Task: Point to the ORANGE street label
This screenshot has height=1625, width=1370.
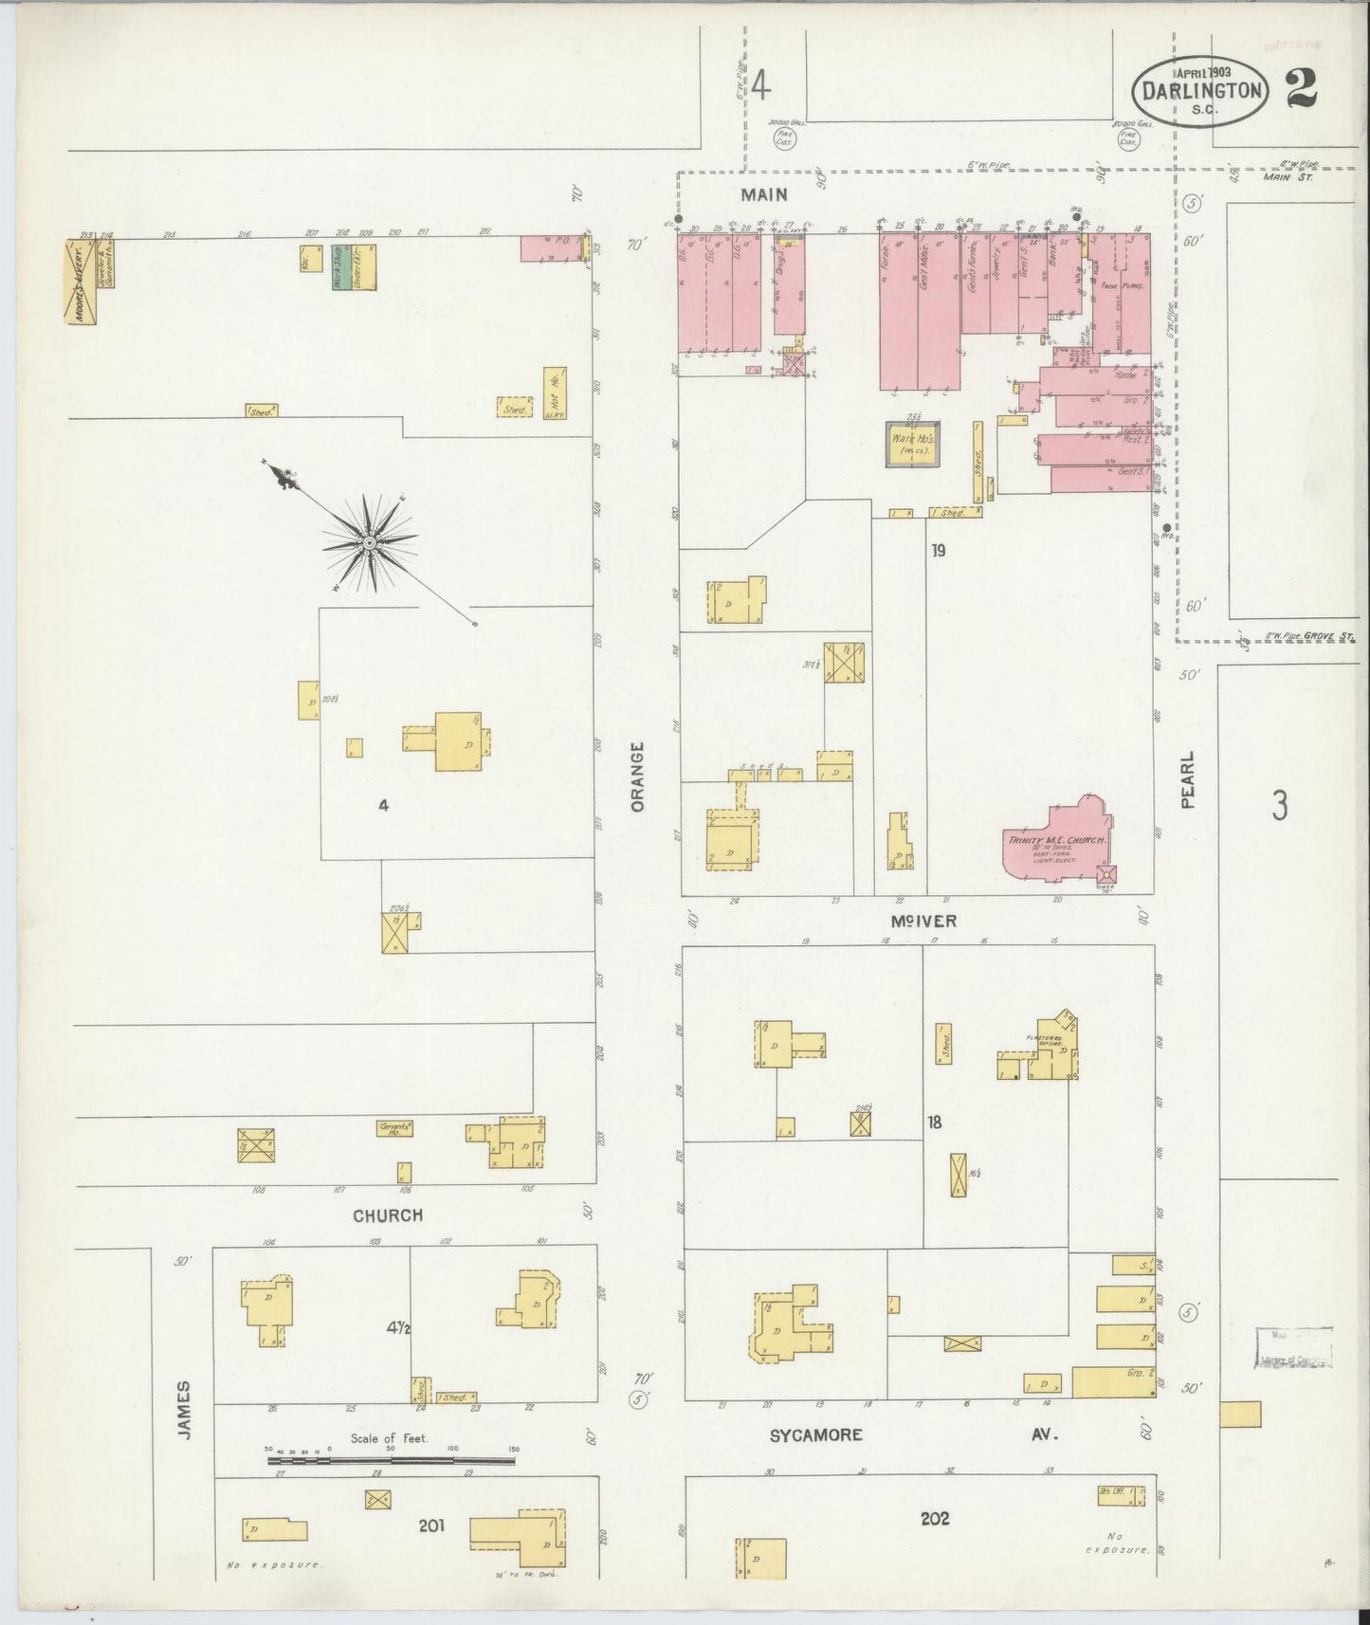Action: coord(637,776)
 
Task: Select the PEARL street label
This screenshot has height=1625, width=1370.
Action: coord(1189,780)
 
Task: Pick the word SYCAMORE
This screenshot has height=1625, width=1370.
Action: coord(816,1435)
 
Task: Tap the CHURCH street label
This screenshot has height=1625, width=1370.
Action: coord(388,1215)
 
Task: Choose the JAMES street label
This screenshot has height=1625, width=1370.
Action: coord(184,1410)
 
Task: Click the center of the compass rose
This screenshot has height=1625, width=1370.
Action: coord(369,541)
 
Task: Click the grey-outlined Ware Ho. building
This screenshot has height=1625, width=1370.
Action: coord(914,444)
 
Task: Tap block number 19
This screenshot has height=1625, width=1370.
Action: coord(938,550)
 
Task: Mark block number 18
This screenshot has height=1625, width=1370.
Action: coord(935,1123)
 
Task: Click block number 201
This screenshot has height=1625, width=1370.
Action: coord(432,1525)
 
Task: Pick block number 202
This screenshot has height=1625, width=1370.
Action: coord(935,1518)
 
